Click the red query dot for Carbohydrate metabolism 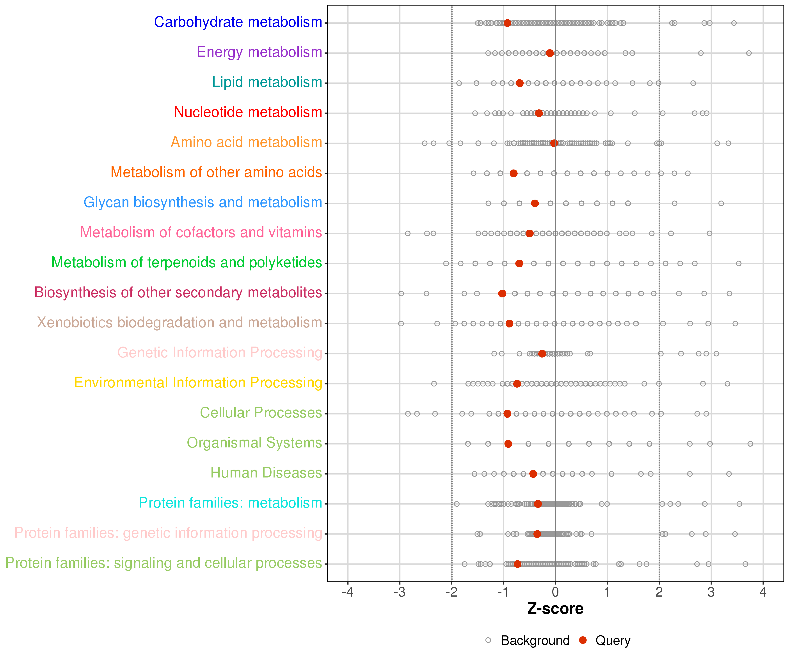(507, 23)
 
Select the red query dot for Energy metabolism (550, 53)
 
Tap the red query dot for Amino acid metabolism (554, 143)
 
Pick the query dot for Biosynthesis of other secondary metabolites (502, 293)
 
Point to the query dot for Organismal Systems (508, 444)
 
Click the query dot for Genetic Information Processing (542, 353)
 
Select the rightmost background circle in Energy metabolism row (749, 53)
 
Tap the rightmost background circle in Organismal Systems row (750, 444)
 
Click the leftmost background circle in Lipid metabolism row (459, 83)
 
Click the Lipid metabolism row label (267, 82)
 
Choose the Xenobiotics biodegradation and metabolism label (179, 323)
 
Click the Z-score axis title (555, 609)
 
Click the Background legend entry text (535, 640)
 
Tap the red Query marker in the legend (583, 640)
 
